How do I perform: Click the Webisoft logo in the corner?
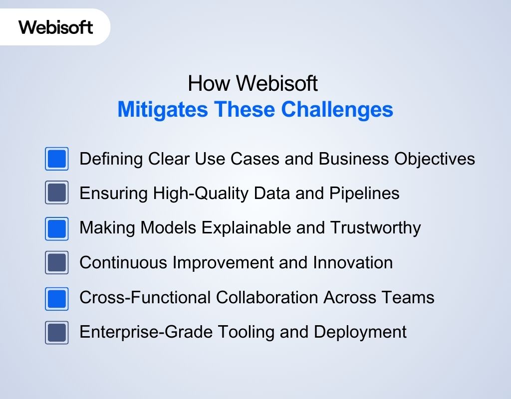(56, 27)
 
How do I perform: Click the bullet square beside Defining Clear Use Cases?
(57, 159)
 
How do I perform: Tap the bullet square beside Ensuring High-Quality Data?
(57, 193)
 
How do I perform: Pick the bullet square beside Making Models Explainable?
(57, 228)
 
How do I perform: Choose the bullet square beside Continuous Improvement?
(57, 262)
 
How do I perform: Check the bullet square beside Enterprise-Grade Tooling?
(57, 332)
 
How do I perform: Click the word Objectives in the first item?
(435, 159)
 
